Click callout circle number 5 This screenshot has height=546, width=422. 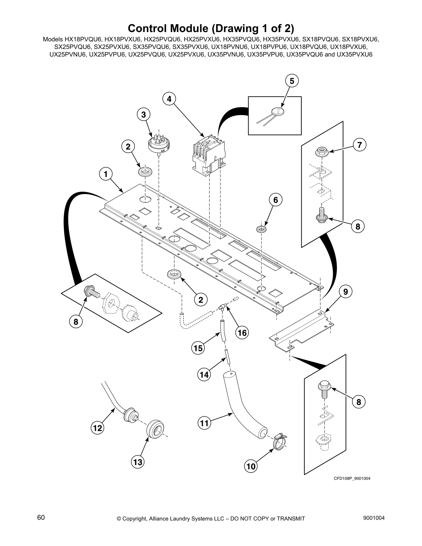pos(292,81)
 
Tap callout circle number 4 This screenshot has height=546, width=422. pos(169,99)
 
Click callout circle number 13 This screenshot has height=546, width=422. pos(138,462)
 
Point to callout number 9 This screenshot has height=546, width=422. pos(345,292)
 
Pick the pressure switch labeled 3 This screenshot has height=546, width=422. pos(157,144)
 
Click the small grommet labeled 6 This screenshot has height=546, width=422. pos(262,229)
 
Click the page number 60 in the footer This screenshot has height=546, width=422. pos(41,517)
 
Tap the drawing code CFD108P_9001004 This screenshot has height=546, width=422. pos(352,478)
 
